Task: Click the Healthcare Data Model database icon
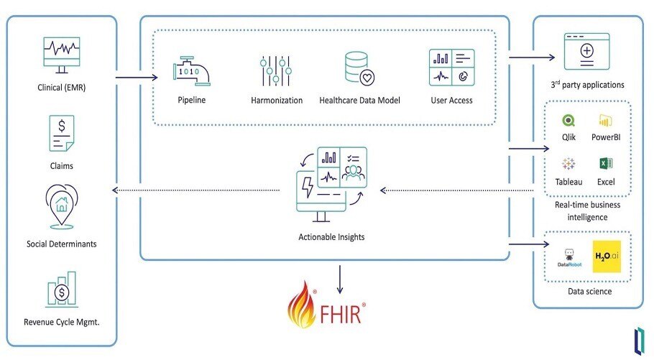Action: click(359, 69)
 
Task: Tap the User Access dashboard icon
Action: click(451, 68)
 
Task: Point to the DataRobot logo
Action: click(568, 258)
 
